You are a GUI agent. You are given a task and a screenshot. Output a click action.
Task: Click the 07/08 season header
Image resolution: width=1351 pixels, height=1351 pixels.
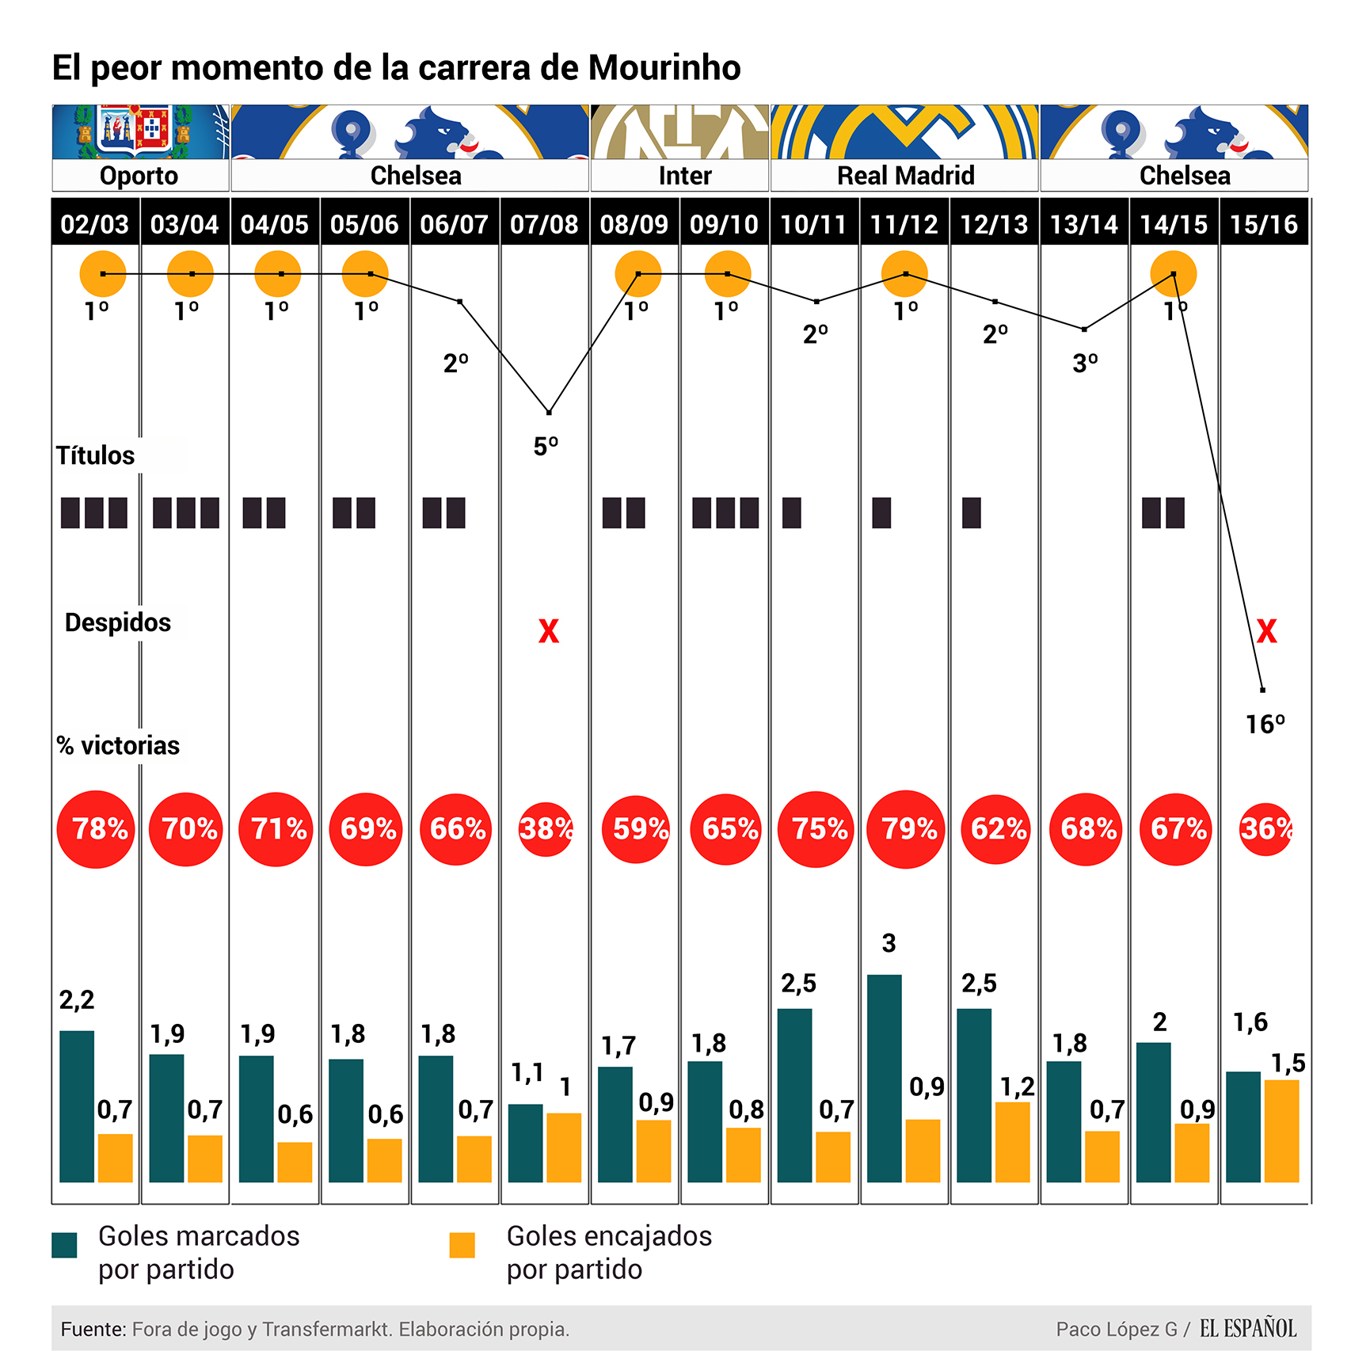(544, 224)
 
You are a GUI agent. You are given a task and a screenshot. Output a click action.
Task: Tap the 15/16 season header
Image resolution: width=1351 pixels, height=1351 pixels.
(1263, 224)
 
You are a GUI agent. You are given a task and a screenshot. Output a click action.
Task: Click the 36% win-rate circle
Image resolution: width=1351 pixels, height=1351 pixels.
(1265, 829)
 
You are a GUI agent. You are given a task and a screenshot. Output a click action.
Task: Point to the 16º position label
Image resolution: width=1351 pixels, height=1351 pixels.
(1265, 724)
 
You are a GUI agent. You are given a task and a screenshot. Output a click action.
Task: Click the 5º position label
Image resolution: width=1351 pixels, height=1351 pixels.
(546, 447)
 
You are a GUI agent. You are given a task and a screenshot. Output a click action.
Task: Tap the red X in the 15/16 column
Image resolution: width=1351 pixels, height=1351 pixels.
(1266, 631)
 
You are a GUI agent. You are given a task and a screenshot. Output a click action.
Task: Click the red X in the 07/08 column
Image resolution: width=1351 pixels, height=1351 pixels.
(548, 631)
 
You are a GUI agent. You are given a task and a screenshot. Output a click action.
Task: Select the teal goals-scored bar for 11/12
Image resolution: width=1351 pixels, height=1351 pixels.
(884, 1078)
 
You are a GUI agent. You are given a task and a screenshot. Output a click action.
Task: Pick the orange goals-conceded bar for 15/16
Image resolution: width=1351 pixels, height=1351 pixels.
(1281, 1130)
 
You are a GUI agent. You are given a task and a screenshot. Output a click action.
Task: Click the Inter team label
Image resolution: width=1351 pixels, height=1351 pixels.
(685, 175)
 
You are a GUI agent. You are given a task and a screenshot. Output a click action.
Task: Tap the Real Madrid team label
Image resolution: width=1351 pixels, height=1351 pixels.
(905, 175)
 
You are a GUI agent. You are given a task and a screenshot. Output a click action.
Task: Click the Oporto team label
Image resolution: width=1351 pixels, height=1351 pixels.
(139, 175)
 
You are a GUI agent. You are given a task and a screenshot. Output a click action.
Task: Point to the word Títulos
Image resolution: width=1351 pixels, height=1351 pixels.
(95, 455)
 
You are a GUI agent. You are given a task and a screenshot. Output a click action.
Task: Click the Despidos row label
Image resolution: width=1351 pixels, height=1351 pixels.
(117, 622)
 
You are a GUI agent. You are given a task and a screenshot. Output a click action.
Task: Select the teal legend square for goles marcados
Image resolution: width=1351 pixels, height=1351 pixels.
(64, 1245)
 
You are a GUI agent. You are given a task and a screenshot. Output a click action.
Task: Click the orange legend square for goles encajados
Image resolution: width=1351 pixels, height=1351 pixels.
(462, 1245)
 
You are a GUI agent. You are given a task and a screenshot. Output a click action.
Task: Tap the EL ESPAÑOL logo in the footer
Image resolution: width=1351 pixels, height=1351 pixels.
(1248, 1328)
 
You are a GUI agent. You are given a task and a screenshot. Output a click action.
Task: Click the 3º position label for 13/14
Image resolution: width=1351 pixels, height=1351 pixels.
(1085, 363)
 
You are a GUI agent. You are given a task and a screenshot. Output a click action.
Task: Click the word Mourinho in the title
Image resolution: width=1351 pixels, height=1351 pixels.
(664, 67)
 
